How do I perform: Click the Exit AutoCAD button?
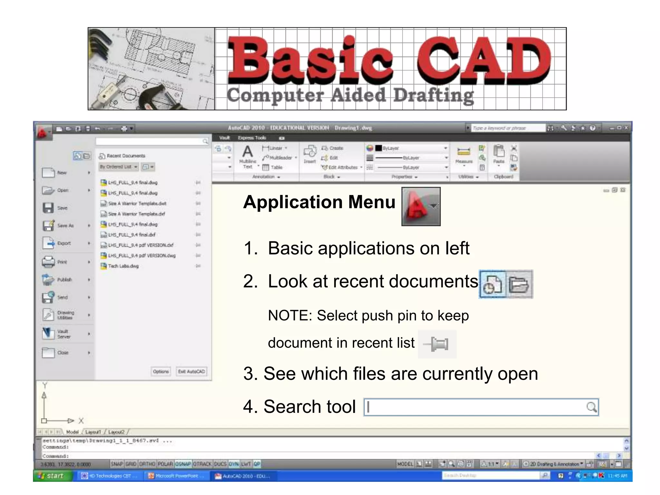[x=191, y=371]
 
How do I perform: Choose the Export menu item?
[x=63, y=243]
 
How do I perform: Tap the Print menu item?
[x=62, y=262]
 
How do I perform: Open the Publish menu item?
[x=64, y=279]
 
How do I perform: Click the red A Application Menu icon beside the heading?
[x=421, y=207]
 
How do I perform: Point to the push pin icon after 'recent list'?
[x=437, y=344]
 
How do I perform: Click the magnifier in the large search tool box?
[x=591, y=407]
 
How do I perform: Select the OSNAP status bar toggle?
[x=183, y=464]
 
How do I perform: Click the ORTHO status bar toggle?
[x=147, y=464]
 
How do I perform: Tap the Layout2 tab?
[x=116, y=432]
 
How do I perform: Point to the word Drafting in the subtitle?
[x=433, y=96]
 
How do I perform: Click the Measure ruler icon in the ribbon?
[x=464, y=151]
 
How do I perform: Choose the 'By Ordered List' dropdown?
[x=118, y=167]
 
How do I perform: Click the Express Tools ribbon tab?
[x=252, y=138]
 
